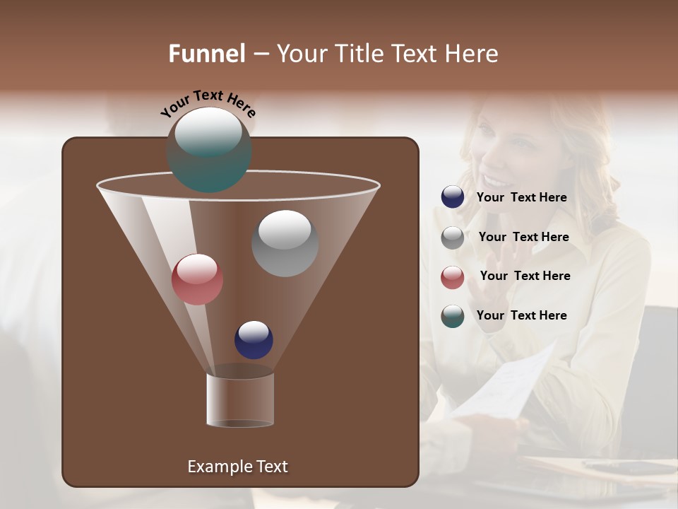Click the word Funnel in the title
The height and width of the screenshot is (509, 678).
(206, 54)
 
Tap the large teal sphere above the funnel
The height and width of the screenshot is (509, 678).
(209, 149)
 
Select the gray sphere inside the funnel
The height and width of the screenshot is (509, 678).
(285, 242)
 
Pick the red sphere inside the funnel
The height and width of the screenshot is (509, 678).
(197, 279)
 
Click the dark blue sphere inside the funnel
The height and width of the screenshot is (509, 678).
(254, 339)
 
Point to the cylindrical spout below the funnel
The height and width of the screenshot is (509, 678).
(240, 400)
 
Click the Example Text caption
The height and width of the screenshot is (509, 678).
(237, 467)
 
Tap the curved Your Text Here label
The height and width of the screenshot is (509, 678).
(208, 103)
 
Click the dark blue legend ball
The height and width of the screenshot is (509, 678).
(453, 197)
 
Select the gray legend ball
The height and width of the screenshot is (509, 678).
(453, 238)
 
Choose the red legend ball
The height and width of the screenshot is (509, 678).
(453, 277)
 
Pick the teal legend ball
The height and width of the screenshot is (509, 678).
(453, 316)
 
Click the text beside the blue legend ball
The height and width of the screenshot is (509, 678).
(521, 197)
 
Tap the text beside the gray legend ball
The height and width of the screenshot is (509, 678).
(523, 237)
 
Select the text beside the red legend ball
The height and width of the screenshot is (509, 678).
(525, 276)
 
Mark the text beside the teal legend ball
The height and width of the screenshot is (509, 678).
(521, 315)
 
